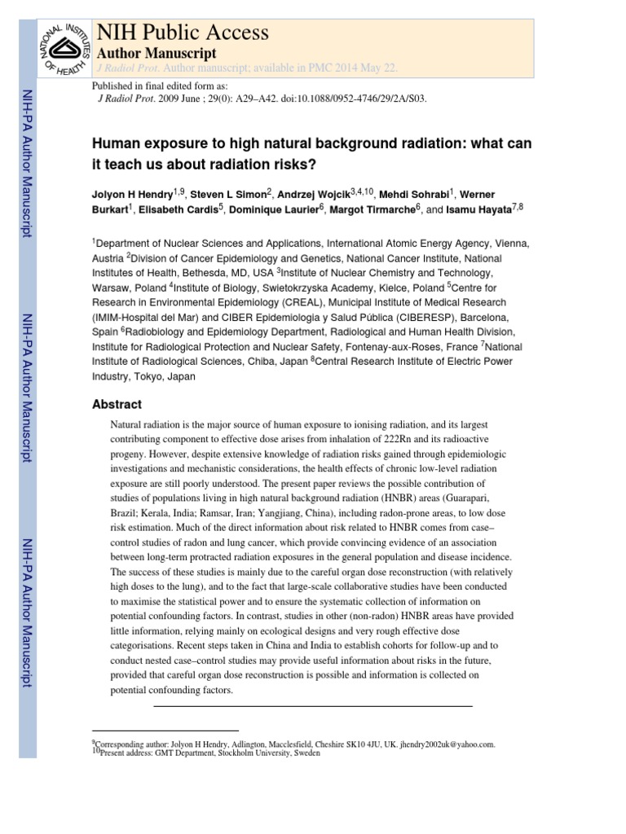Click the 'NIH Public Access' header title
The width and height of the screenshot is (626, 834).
[x=183, y=33]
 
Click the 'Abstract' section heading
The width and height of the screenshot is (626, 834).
[x=117, y=404]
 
